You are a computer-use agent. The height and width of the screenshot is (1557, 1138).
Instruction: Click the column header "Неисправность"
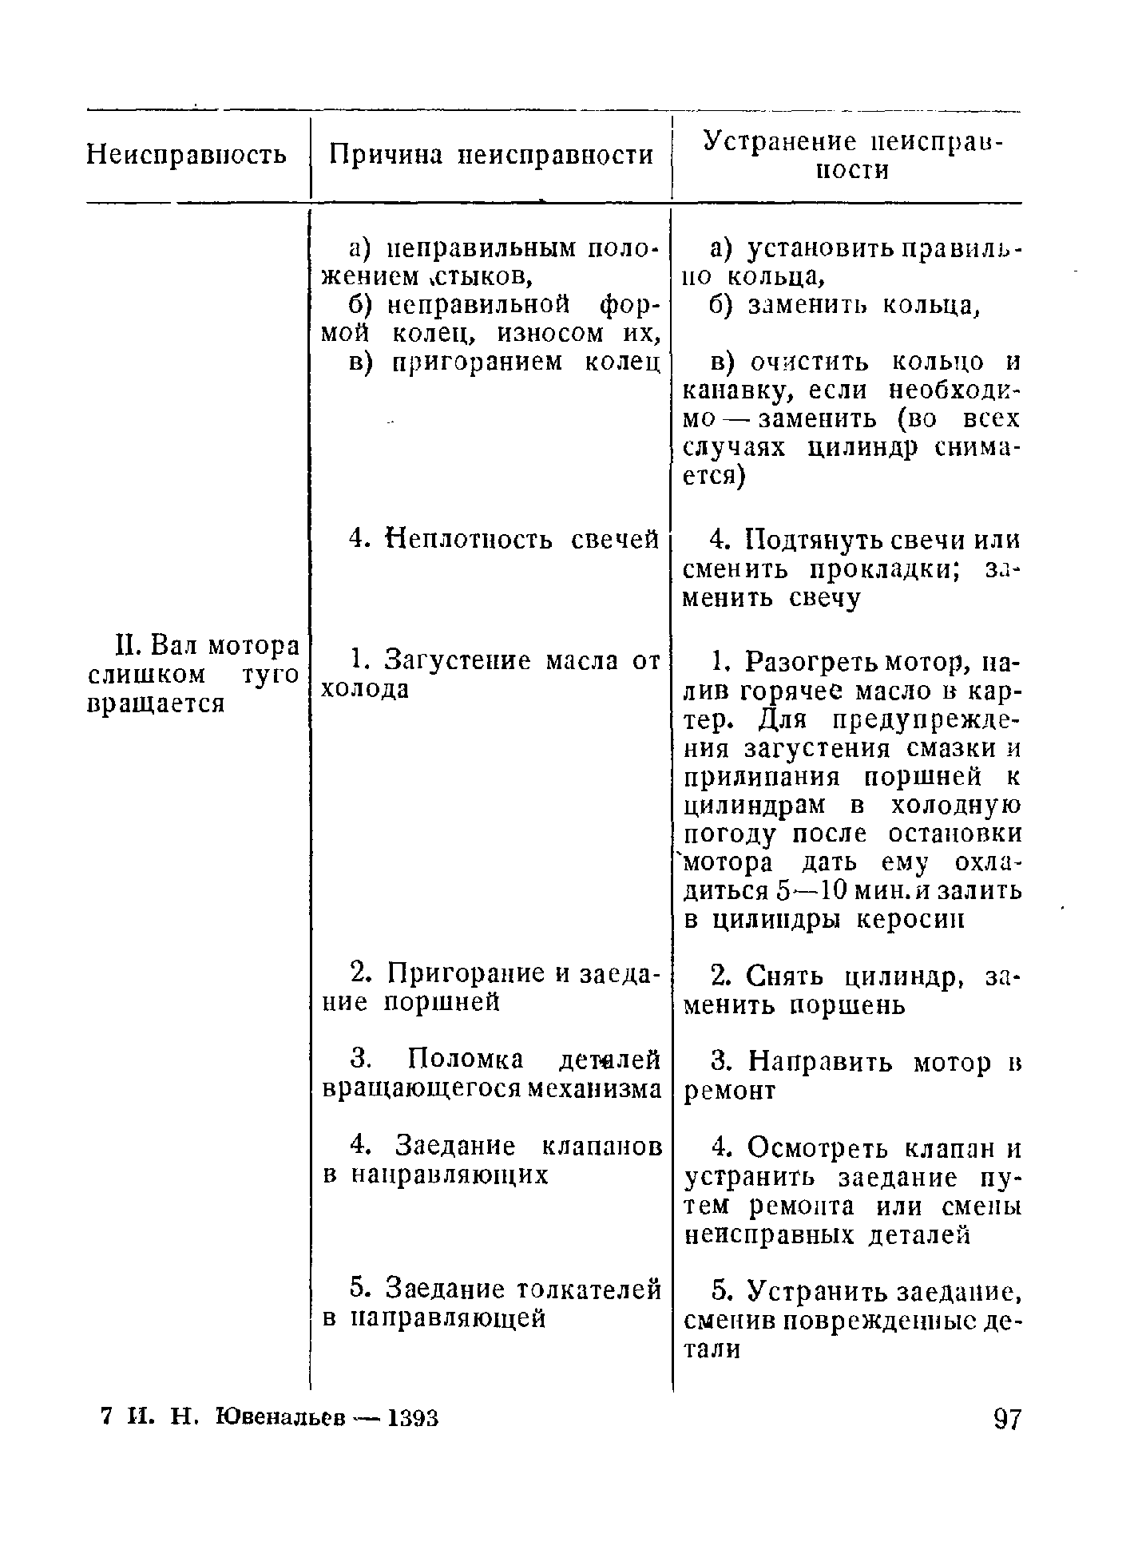[186, 155]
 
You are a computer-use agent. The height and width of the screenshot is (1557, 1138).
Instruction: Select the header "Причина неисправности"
[492, 155]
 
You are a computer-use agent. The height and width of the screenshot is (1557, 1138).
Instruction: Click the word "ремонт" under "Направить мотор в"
[730, 1091]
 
